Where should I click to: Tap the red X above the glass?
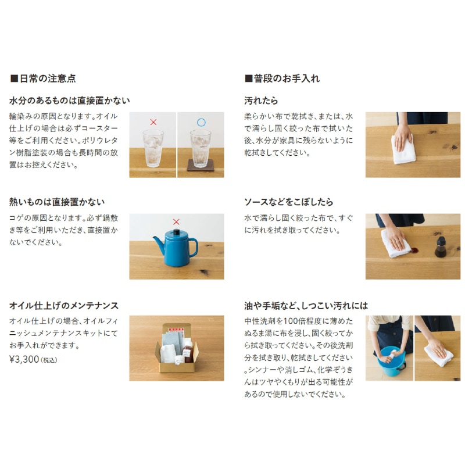click(x=153, y=122)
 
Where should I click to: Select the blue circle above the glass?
click(x=201, y=122)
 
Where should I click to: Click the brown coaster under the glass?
click(x=200, y=166)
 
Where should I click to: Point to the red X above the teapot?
click(x=176, y=222)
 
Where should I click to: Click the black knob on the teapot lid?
click(x=177, y=231)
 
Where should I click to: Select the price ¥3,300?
click(x=24, y=359)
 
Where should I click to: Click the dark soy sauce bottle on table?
click(x=441, y=247)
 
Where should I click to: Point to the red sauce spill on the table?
click(x=414, y=251)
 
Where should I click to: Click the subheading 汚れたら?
click(x=261, y=101)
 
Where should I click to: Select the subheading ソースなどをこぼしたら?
click(x=288, y=202)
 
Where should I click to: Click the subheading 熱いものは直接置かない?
click(x=57, y=202)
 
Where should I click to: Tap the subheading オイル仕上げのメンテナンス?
click(x=64, y=306)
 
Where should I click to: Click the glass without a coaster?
click(x=153, y=148)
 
